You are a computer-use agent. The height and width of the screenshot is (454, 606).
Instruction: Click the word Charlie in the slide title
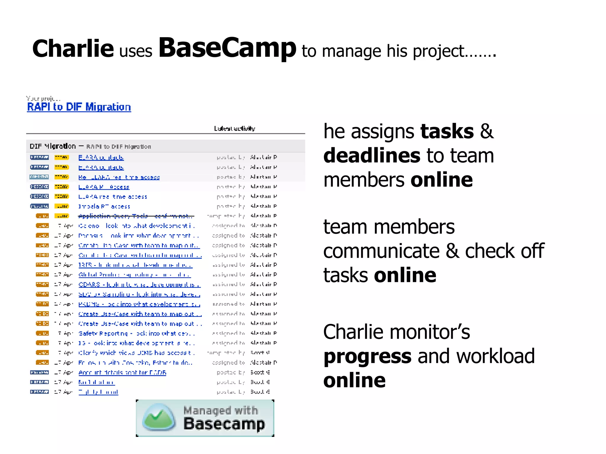[73, 49]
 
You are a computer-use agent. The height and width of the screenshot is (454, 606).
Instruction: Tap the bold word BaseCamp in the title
[227, 48]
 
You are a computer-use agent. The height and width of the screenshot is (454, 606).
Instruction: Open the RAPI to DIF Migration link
[79, 107]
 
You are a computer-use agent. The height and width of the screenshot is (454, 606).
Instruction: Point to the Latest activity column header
[234, 129]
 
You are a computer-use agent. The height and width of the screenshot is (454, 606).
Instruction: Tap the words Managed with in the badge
[220, 410]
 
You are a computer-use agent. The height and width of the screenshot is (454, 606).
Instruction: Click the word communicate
[381, 251]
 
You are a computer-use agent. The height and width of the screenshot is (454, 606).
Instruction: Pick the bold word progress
[367, 356]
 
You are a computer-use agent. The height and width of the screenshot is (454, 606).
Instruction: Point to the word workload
[496, 356]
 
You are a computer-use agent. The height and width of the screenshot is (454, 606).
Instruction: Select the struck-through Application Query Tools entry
[136, 216]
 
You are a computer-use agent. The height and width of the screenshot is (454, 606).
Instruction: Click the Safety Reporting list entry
[136, 333]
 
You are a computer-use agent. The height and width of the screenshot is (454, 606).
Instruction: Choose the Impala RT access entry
[104, 206]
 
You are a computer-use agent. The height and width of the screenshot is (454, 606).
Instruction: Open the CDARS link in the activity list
[139, 285]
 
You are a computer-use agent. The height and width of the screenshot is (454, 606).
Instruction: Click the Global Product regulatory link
[134, 275]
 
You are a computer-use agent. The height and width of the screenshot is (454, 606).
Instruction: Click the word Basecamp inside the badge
[224, 424]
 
